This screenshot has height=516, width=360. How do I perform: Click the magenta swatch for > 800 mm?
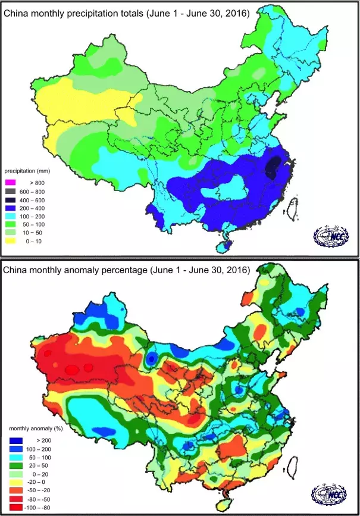click(12, 182)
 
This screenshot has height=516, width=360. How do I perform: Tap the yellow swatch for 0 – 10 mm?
click(12, 243)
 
